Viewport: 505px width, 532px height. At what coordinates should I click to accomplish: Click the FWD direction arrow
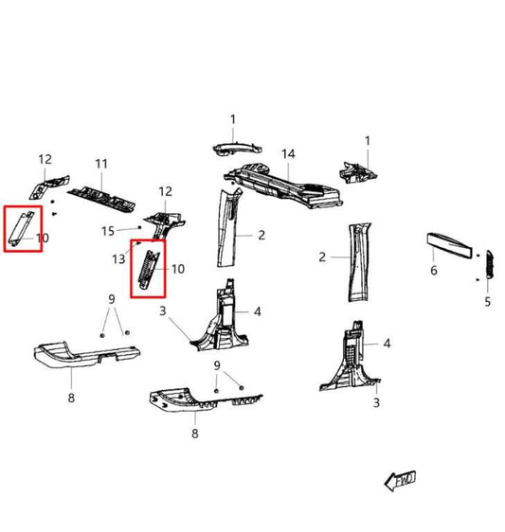point(399,480)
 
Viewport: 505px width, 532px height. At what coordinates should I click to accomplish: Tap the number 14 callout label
point(288,153)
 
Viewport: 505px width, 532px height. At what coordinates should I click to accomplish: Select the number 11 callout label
point(101,164)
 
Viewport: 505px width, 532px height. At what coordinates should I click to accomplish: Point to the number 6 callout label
point(433,270)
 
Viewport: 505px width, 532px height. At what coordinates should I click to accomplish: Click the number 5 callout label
point(488,302)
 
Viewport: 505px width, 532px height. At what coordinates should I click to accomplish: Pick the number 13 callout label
point(118,259)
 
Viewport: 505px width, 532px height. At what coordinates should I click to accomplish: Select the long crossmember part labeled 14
point(284,186)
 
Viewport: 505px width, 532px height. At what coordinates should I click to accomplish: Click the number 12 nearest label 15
point(166,191)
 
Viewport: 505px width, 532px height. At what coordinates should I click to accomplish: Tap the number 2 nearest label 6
point(322,257)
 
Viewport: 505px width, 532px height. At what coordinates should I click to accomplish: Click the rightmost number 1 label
point(368,141)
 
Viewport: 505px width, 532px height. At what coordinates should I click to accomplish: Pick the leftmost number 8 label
point(71,399)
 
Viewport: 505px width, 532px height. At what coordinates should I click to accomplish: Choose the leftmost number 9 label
point(112,299)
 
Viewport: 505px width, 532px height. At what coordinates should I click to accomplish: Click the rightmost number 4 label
point(387,344)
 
